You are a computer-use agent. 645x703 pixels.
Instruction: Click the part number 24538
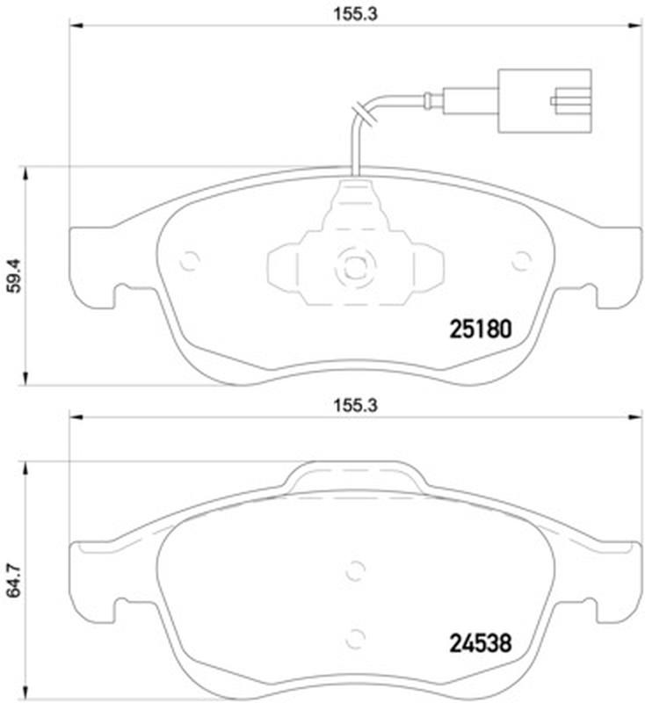pos(480,643)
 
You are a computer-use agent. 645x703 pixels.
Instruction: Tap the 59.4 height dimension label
pos(15,276)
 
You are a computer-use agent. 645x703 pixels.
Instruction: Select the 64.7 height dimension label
pos(15,581)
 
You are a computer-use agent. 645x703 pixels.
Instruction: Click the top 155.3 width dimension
pos(355,14)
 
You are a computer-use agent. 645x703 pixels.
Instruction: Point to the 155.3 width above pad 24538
pos(355,405)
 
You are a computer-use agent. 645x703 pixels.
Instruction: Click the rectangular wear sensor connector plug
pos(545,101)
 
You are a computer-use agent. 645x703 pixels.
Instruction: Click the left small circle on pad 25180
pos(190,260)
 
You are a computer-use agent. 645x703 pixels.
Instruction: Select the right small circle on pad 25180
pos(522,260)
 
